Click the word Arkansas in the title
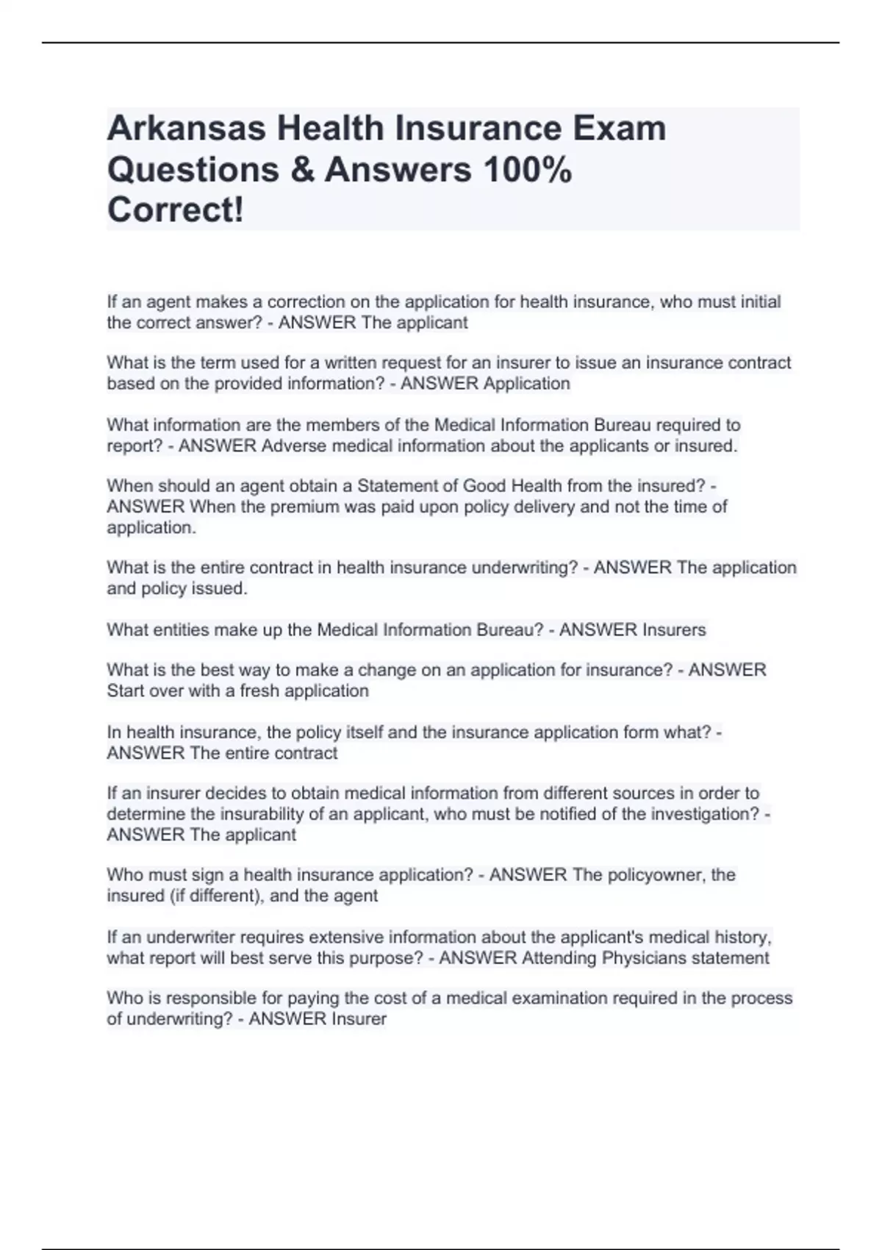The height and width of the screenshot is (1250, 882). [x=185, y=128]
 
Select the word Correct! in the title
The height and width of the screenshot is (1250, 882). [x=175, y=210]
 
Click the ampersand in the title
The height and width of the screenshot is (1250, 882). [x=302, y=169]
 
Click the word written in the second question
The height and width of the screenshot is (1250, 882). [x=349, y=362]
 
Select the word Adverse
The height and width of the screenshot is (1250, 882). [x=294, y=446]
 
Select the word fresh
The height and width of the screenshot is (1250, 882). [x=259, y=690]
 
